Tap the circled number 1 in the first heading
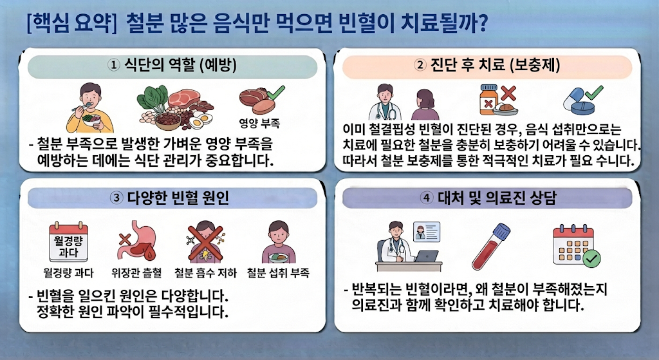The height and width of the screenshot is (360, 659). pos(113,65)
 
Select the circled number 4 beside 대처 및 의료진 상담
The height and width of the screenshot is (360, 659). pos(427,198)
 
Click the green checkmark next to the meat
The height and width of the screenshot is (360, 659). pos(275,93)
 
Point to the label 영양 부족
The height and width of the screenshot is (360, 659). pos(259,123)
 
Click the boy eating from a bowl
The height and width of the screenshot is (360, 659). pos(90,108)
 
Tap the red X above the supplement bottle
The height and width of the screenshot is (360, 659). pos(508,93)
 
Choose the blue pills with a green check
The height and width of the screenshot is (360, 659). pos(582,100)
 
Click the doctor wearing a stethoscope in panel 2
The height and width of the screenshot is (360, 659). pos(385,102)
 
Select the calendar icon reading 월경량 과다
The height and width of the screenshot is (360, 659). pos(68,242)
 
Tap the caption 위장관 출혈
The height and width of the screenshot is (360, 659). pos(136,273)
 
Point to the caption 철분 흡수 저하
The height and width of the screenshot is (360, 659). pos(205,273)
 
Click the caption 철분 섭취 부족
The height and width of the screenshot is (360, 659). pos(278,273)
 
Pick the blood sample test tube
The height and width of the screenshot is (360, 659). pos(491,246)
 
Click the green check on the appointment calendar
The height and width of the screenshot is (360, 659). pos(591,259)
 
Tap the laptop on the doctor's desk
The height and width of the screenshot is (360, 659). pos(426,256)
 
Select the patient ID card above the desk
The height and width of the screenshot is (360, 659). pos(427,232)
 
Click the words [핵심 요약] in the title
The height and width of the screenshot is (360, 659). pos(71,23)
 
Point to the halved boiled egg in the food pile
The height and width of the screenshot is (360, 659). pos(200,120)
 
